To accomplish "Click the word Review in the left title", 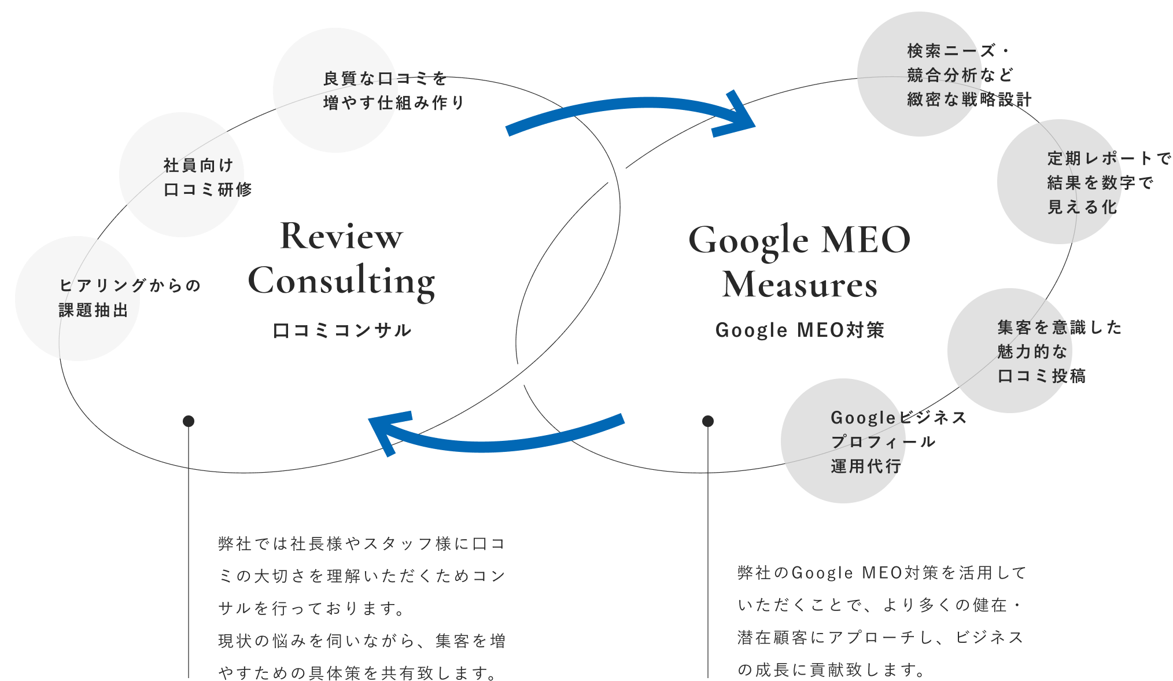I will pos(341,236).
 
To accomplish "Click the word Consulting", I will pos(341,282).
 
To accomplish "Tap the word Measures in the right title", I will pos(799,285).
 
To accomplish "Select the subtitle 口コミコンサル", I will pos(342,330).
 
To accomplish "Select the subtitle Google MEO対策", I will pos(800,330).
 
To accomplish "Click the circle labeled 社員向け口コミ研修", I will pos(182,175).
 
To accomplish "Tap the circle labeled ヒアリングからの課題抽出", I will pos(78,299).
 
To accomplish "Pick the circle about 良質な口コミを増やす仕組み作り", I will pos(335,90).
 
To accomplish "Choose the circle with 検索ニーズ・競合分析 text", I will pos(920,74).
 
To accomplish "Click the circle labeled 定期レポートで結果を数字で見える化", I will pos(1060,182).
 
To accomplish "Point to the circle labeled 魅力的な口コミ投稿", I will pos(1010,351).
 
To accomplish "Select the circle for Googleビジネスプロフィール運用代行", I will pos(843,441).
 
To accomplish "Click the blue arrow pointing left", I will pos(497,437).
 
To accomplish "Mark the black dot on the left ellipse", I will pos(189,421).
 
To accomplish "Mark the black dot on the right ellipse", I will pos(708,421).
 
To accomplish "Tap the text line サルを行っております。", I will pos(312,608).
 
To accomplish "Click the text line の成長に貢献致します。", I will pos(832,669).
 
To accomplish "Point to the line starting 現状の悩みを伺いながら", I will pos(362,640).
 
